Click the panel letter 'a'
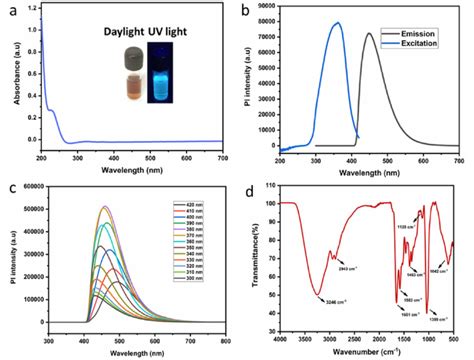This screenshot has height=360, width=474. coord(9,9)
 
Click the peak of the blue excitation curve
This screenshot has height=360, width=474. coord(337,23)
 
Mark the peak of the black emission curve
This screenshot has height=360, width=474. coord(368,34)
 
